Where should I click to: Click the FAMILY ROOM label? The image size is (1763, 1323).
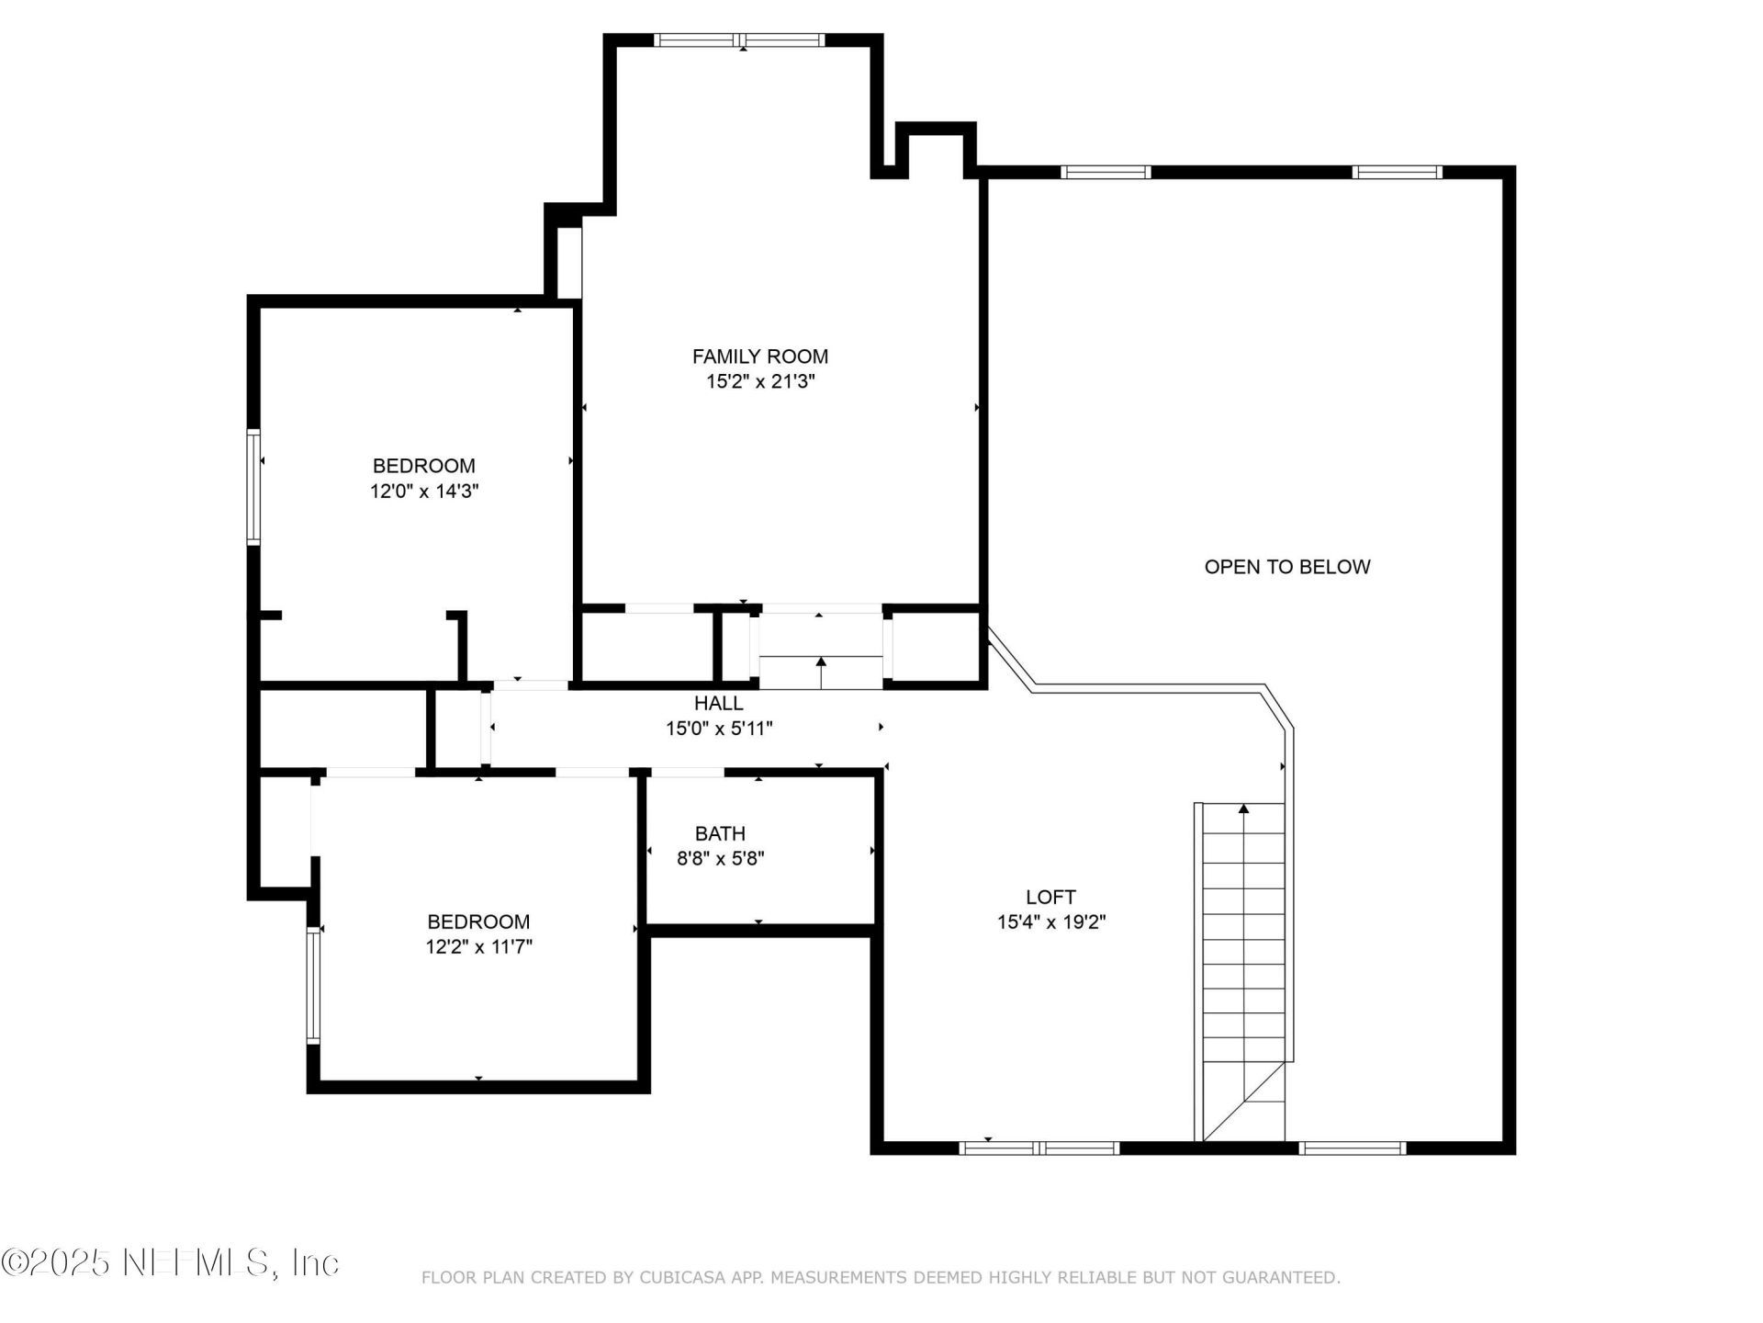[x=759, y=356]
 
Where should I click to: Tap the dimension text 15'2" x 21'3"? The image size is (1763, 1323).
[x=759, y=382]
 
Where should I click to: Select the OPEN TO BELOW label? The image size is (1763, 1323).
[x=1286, y=567]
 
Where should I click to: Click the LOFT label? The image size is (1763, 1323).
[x=1050, y=897]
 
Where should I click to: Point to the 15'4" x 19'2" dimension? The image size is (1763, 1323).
[x=1050, y=922]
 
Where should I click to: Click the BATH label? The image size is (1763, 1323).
[x=720, y=834]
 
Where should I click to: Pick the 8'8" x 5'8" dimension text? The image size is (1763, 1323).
[x=720, y=859]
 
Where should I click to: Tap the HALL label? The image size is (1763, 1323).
[x=718, y=704]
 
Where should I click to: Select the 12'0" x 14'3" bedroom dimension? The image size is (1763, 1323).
[x=424, y=492]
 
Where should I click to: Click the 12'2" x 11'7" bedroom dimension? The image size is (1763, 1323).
[x=478, y=947]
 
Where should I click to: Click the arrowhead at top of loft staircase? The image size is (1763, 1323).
[x=1243, y=808]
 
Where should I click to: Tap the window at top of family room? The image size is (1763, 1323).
[x=740, y=40]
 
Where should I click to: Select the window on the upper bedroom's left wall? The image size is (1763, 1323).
[x=253, y=487]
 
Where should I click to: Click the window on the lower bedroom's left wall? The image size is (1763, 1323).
[x=313, y=984]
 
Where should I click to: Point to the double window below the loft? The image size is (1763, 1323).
[x=1039, y=1148]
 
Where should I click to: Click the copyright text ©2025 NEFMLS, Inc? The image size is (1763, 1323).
[x=170, y=1262]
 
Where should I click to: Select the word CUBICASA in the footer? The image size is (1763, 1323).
[x=680, y=1278]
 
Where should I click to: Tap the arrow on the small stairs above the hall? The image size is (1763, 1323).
[x=821, y=661]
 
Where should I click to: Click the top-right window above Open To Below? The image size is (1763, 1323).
[x=1397, y=172]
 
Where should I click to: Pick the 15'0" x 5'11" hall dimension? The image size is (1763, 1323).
[x=718, y=729]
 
